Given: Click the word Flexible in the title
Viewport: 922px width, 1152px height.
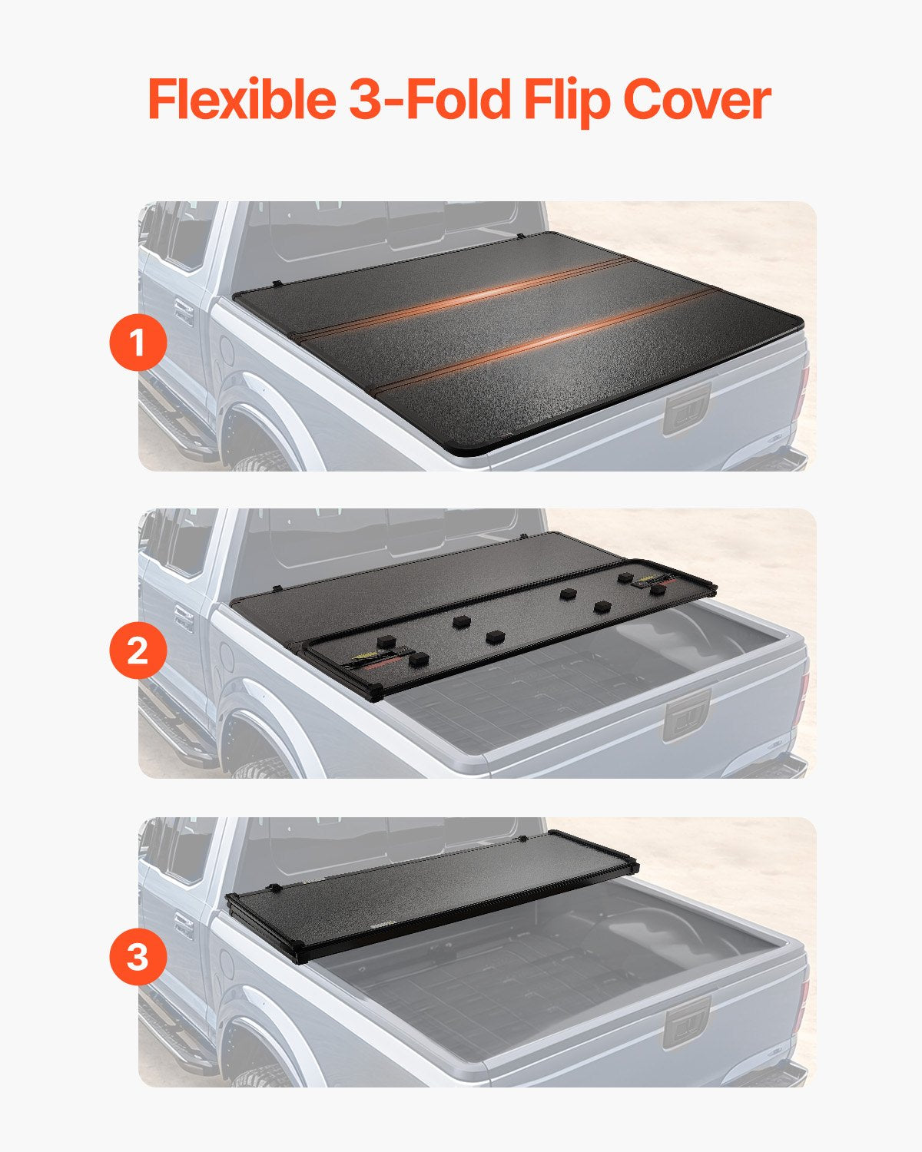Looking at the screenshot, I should coord(240,100).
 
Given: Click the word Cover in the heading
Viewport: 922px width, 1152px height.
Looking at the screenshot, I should coord(696,100).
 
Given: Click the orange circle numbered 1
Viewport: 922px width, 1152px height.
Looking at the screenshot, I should coord(138,343).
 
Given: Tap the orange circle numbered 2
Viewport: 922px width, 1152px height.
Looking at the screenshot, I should coord(138,650).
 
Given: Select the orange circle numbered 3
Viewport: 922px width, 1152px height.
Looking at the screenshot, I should coord(138,958).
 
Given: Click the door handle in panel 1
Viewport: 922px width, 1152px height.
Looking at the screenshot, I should coord(184,311).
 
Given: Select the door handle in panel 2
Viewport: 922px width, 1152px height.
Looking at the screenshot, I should coord(184,617).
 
